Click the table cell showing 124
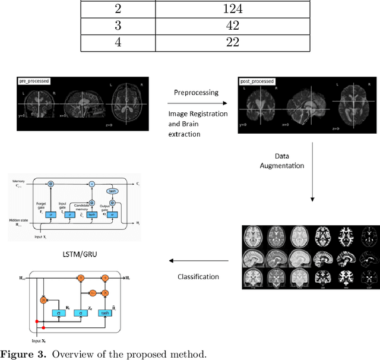click(x=232, y=9)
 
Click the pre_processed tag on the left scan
click(x=34, y=80)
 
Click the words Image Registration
click(x=198, y=114)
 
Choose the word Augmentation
click(x=282, y=165)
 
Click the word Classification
click(x=198, y=276)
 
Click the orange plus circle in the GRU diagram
click(x=104, y=277)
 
